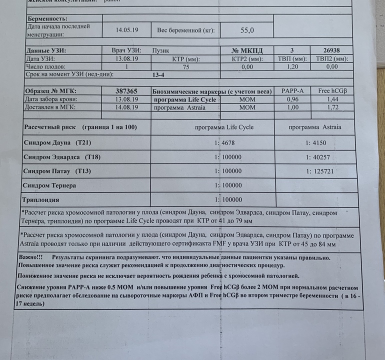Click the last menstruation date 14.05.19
pyautogui.click(x=127, y=30)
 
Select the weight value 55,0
pyautogui.click(x=247, y=30)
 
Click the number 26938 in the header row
pyautogui.click(x=331, y=50)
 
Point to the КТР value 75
pyautogui.click(x=186, y=66)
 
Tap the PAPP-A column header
pyautogui.click(x=292, y=91)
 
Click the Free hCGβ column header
pyautogui.click(x=332, y=91)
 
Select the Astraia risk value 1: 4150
pyautogui.click(x=316, y=143)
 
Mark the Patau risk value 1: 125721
pyautogui.click(x=319, y=171)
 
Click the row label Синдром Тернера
pyautogui.click(x=49, y=185)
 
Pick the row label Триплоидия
pyautogui.click(x=41, y=199)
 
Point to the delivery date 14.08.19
pyautogui.click(x=127, y=107)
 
